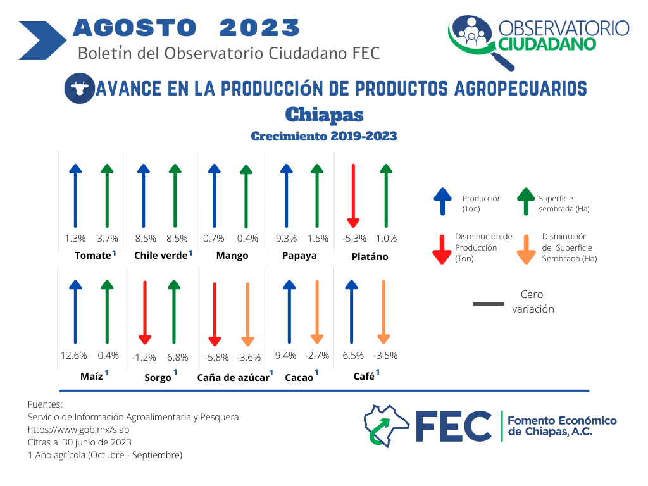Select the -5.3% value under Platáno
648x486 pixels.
coord(354,239)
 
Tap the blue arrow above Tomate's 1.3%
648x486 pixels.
coord(75,196)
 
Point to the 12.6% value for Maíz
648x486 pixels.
coord(73,356)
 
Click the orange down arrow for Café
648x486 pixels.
coord(383,312)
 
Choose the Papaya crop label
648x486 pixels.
coord(299,256)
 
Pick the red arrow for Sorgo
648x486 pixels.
coord(145,313)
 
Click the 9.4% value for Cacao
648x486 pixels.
coord(285,356)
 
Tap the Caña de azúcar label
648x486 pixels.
coord(233,378)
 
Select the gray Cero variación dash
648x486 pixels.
coord(489,304)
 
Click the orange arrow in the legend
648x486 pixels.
coord(526,249)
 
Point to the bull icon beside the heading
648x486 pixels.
coord(80,88)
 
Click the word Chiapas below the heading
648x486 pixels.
coord(325,115)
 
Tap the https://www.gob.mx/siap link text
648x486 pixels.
coord(78,430)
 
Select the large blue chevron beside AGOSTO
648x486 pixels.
coord(42,40)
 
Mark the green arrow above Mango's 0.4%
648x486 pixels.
coord(246,196)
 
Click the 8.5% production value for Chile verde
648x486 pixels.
coord(146,239)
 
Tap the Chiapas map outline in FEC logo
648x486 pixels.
coord(386,426)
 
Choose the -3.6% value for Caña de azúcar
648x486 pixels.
coord(249,358)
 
